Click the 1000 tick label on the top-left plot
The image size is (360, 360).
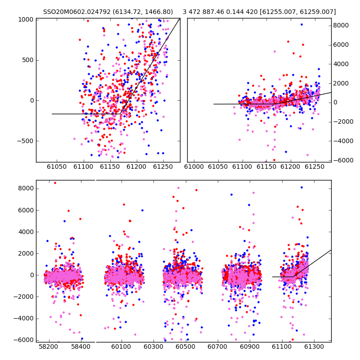(x=26, y=20)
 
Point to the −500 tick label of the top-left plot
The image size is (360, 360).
(x=25, y=141)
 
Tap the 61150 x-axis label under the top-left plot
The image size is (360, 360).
(x=110, y=166)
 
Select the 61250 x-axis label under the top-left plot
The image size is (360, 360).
(x=163, y=166)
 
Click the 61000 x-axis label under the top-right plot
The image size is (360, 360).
(x=194, y=166)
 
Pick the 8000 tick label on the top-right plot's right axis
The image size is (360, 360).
(x=341, y=26)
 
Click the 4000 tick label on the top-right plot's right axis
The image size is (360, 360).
(x=341, y=64)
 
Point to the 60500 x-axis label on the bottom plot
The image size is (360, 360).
(x=185, y=346)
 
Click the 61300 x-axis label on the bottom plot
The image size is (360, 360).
(x=314, y=346)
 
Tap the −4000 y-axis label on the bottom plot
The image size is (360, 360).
(x=23, y=319)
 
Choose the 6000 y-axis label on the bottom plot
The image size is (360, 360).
(x=26, y=210)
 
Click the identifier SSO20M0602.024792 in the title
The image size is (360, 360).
(x=77, y=12)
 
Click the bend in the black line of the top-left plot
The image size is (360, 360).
(x=120, y=114)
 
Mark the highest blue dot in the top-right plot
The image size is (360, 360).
(x=301, y=25)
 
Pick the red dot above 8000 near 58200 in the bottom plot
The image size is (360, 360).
(x=55, y=183)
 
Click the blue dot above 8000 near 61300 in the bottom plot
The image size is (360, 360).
(x=301, y=188)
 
